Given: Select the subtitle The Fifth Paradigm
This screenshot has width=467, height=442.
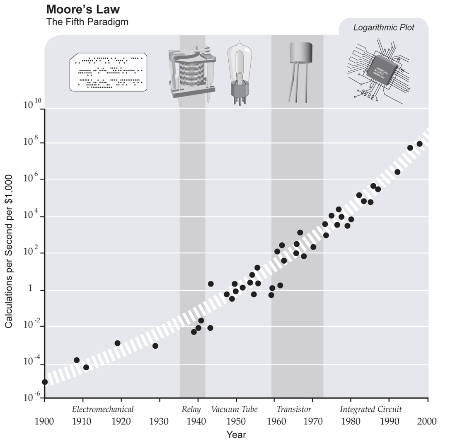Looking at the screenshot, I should tap(87, 22).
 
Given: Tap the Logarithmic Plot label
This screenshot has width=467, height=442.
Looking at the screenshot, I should tap(383, 28).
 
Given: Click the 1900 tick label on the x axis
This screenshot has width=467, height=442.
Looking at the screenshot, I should tap(45, 422).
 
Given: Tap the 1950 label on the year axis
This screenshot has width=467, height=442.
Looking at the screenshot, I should tap(236, 422).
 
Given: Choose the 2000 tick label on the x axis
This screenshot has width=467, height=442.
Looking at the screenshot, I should tap(427, 422).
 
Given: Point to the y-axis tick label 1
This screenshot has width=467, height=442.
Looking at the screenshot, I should tap(30, 289).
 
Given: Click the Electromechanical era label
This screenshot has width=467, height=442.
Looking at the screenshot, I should tap(103, 410).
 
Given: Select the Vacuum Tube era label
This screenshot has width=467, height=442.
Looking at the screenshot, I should tap(234, 410).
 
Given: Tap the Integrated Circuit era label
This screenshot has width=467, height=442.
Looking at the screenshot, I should tap(370, 410).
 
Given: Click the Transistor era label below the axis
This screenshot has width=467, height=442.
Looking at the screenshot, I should tap(294, 410).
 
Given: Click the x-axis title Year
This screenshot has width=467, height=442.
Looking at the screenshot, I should tap(236, 435).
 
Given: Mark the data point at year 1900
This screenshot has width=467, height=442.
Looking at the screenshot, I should tap(45, 382).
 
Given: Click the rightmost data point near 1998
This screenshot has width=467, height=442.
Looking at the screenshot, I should tap(419, 144).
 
